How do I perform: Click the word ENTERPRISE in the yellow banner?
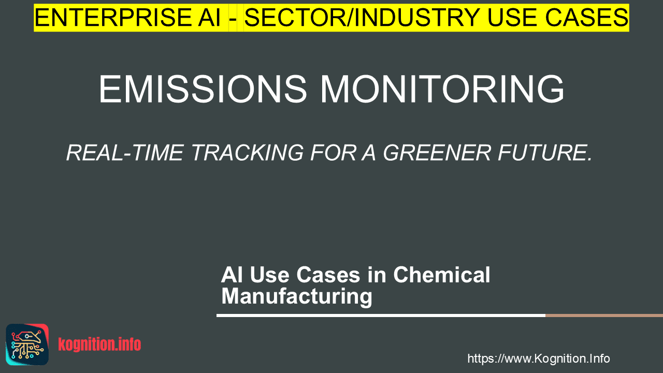113,18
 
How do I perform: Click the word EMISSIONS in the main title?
203,89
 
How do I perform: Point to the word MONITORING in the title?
442,89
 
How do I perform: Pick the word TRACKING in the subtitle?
248,153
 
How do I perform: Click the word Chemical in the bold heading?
442,275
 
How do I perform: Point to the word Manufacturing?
297,297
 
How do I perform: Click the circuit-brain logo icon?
27,345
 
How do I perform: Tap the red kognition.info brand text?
99,345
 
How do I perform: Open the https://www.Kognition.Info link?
539,358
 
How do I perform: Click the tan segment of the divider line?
604,315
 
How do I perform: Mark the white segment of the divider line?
381,315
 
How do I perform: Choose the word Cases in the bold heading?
328,275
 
